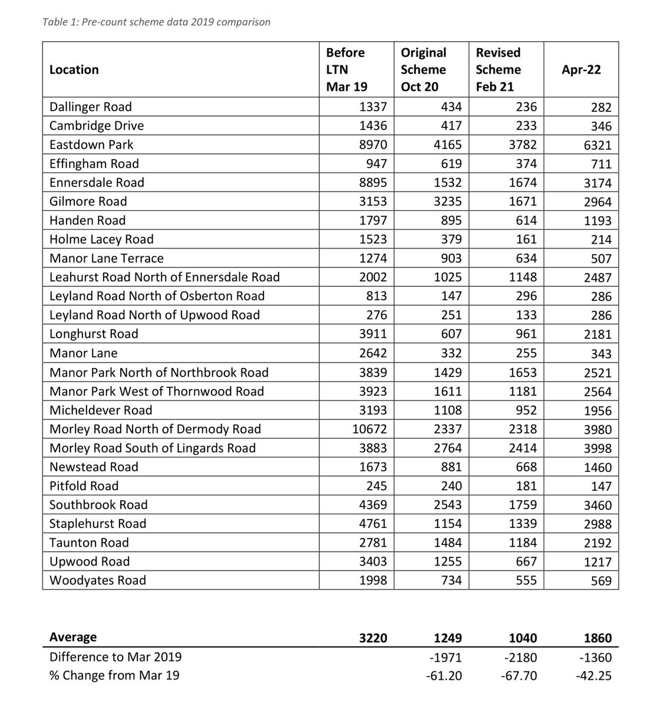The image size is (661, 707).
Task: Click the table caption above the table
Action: tap(157, 22)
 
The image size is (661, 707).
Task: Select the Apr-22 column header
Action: tap(581, 70)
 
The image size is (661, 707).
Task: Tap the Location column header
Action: tap(74, 70)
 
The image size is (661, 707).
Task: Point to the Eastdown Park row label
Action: tap(91, 144)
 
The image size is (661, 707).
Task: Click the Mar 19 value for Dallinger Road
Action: tap(373, 107)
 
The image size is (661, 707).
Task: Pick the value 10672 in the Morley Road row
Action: tap(369, 429)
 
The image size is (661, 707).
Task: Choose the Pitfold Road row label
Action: tap(84, 485)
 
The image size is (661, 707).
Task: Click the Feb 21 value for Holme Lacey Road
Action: tap(526, 239)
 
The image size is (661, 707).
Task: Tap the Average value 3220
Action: tap(373, 637)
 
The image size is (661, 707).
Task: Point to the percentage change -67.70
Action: tap(518, 675)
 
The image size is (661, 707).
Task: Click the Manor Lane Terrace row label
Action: tap(107, 258)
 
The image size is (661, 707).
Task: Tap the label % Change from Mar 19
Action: tap(114, 675)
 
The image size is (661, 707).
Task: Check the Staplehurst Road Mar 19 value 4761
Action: tap(373, 524)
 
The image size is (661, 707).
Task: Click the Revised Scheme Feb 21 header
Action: tap(498, 70)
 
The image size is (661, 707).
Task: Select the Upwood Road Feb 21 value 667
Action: tap(526, 561)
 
